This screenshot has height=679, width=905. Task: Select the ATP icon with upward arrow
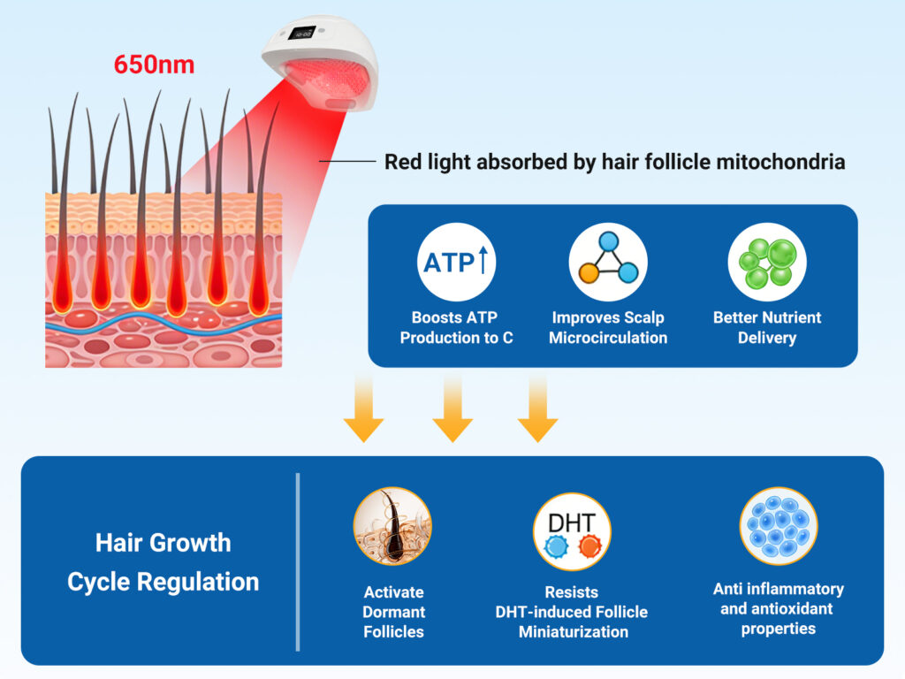click(456, 262)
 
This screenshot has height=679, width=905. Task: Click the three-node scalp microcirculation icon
click(608, 262)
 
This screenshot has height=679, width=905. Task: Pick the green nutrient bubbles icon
click(766, 262)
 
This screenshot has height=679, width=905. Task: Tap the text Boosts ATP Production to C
click(456, 327)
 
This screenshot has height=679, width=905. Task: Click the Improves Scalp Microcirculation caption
click(608, 327)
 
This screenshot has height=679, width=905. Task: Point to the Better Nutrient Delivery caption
click(766, 327)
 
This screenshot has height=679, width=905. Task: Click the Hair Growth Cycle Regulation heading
click(164, 561)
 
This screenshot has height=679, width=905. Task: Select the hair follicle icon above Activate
click(392, 526)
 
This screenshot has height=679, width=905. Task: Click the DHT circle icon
click(571, 531)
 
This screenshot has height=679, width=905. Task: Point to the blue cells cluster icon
click(778, 526)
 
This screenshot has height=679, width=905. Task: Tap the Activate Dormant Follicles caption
click(393, 612)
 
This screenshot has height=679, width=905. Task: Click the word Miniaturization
click(573, 631)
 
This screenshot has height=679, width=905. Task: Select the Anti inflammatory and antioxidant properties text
click(778, 608)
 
